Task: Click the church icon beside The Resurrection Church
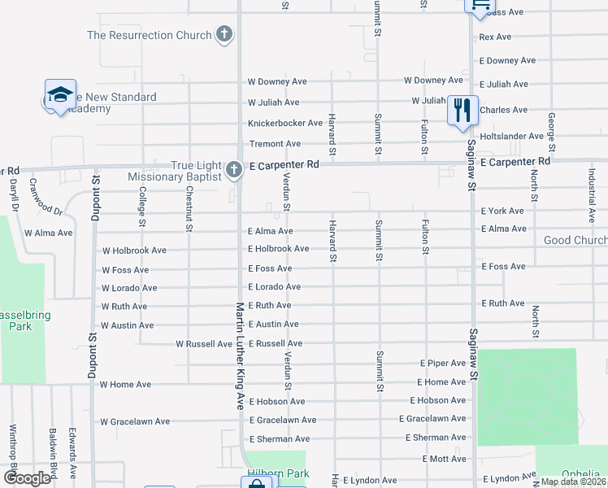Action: coord(225,35)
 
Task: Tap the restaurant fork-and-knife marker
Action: coord(463,110)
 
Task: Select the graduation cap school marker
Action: coord(60,96)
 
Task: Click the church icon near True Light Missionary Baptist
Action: coord(233,170)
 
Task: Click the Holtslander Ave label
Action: coord(511,137)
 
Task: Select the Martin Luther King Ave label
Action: coord(240,355)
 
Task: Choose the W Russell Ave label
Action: coord(204,344)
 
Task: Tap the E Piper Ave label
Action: coord(443,363)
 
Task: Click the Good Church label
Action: coord(575,241)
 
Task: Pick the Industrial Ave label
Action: coord(592,194)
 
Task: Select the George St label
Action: coord(552,133)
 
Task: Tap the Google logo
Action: coord(27,477)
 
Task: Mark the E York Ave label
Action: coord(502,211)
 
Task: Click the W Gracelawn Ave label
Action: coord(135,421)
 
